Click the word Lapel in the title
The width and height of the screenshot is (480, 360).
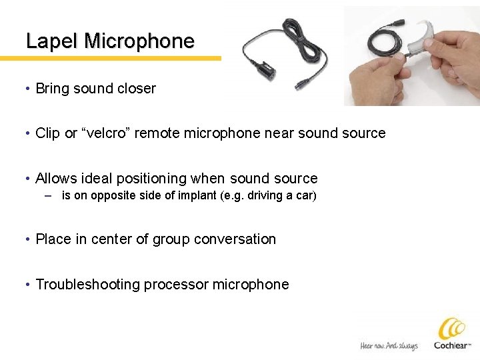(x=52, y=41)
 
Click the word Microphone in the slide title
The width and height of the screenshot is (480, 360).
(x=139, y=41)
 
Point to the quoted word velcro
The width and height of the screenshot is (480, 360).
(x=106, y=133)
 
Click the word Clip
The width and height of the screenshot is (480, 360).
(x=47, y=133)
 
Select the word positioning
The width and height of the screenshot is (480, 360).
(x=149, y=179)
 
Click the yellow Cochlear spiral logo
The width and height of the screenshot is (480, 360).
(x=451, y=329)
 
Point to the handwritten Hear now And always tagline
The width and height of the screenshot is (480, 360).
(x=389, y=345)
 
